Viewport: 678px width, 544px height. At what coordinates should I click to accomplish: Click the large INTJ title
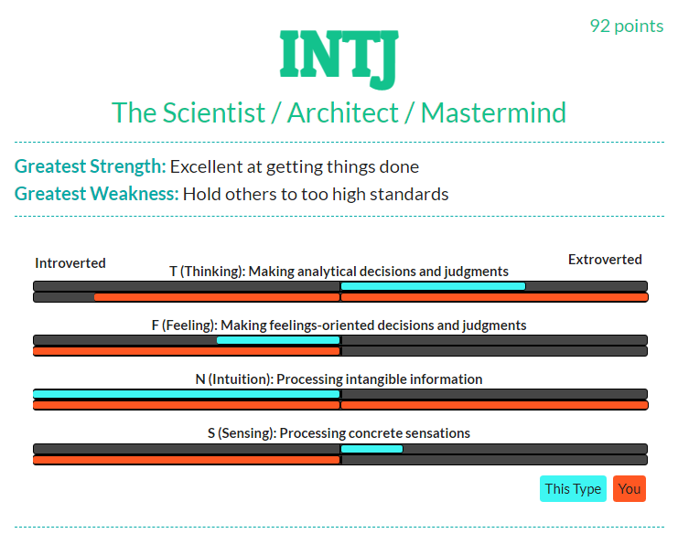pos(339,59)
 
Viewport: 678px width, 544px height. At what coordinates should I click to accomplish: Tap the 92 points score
pos(627,27)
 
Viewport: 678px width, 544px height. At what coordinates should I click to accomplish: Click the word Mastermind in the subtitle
pos(493,112)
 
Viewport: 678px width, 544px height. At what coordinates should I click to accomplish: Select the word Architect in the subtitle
pos(342,112)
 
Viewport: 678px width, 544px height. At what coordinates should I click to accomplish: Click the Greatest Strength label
pos(90,166)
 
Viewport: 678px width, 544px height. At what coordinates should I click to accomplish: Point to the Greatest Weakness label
pos(96,194)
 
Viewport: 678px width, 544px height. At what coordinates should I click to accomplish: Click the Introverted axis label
pos(70,263)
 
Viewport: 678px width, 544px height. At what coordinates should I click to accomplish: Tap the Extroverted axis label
pos(605,260)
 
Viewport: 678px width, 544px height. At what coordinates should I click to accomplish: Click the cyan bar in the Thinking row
pos(434,286)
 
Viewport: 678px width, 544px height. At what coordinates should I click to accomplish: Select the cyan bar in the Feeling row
pos(278,340)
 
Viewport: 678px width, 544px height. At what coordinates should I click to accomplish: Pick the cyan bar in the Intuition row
pos(187,394)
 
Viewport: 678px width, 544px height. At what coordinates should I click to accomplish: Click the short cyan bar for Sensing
pos(371,449)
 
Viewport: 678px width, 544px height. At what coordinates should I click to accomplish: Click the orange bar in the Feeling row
pos(187,351)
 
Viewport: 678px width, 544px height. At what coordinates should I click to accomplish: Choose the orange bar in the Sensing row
pos(187,460)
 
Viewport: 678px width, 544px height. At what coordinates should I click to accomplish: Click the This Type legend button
pos(573,489)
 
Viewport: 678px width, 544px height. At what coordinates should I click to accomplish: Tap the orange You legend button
pos(630,489)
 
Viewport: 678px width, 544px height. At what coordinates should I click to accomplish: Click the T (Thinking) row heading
pos(339,272)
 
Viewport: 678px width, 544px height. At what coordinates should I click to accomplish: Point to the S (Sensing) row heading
pos(339,433)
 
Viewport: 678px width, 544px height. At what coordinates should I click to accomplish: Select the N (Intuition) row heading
pos(339,379)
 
